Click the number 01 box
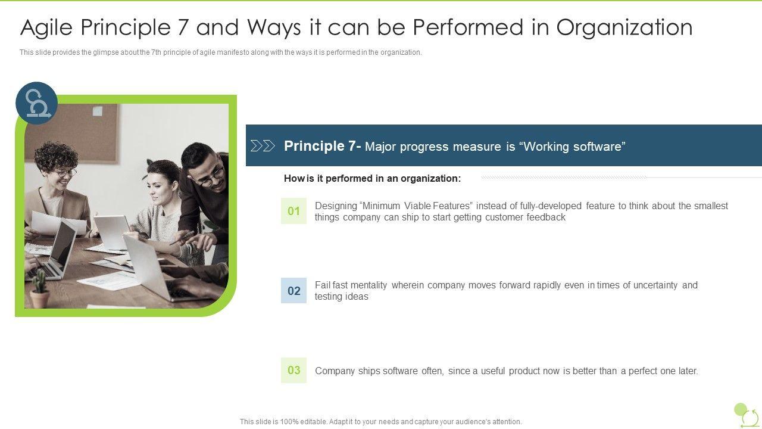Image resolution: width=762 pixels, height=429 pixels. click(293, 211)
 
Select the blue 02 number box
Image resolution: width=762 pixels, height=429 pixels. click(293, 290)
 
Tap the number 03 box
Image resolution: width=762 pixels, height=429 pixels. click(293, 370)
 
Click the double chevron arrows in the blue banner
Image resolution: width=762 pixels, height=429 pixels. click(263, 146)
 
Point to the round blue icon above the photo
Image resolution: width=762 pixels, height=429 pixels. click(37, 103)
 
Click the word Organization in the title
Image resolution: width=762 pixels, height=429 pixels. click(624, 27)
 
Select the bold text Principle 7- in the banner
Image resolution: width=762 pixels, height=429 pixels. click(322, 146)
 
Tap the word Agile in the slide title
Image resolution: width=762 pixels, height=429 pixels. click(46, 28)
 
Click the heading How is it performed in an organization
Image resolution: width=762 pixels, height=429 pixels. click(373, 178)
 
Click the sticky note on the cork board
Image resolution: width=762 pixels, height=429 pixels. click(97, 110)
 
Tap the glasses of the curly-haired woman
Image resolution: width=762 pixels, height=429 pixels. click(65, 173)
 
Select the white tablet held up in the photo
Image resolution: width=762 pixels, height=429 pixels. click(111, 232)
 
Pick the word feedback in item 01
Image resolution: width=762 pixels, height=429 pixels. click(546, 217)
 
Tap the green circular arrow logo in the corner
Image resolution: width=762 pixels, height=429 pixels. click(747, 415)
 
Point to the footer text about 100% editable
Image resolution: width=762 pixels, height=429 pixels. click(380, 421)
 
